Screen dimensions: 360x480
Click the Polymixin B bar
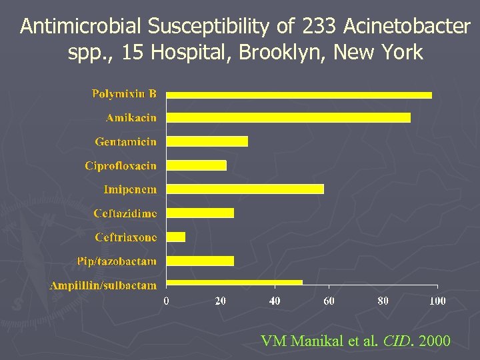[x=299, y=95]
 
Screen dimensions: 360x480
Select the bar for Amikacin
[x=288, y=118]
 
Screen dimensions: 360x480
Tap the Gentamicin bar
[x=207, y=141]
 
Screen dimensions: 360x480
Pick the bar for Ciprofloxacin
[x=196, y=165]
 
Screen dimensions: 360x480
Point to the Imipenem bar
[x=245, y=189]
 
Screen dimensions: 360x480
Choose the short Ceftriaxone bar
[x=175, y=237]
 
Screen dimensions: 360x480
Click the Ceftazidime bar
[x=200, y=213]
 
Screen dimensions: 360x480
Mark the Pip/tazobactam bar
[x=200, y=261]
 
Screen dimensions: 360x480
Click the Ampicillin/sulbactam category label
[x=103, y=285]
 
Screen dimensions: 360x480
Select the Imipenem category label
[x=130, y=189]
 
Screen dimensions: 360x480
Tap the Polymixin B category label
[x=124, y=94]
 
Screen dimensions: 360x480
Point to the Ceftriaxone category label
[x=126, y=237]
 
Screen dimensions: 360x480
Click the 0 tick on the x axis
[x=167, y=301]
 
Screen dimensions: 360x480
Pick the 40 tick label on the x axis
[x=275, y=301]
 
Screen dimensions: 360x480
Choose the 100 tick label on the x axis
[x=437, y=301]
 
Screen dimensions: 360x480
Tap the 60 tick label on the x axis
[x=329, y=301]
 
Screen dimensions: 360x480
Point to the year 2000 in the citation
[x=432, y=341]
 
